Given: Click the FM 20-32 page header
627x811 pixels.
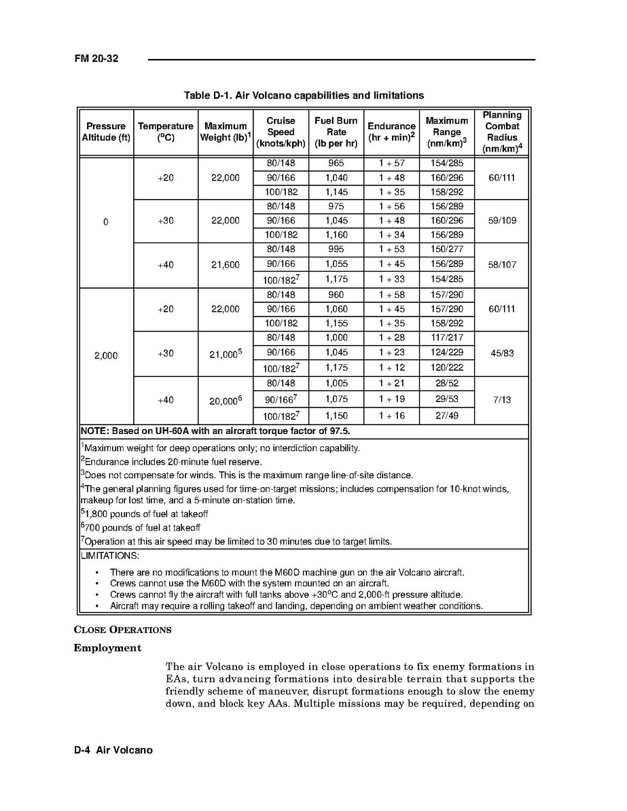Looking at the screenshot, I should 96,59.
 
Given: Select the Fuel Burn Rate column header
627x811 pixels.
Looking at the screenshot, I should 336,132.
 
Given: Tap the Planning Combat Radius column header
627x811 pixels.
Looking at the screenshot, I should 502,132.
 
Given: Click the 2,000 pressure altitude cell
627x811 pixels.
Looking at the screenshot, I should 106,355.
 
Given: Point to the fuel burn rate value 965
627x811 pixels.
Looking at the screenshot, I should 336,164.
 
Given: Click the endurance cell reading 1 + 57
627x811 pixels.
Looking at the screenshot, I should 391,164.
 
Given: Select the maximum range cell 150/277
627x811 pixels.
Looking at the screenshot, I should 446,249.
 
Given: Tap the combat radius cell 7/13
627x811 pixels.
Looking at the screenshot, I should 502,399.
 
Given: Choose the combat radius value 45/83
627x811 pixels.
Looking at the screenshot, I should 502,353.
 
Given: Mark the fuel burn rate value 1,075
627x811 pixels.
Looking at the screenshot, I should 336,399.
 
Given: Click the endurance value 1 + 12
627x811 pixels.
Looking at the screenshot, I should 391,367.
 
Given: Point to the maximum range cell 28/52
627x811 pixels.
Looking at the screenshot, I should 446,384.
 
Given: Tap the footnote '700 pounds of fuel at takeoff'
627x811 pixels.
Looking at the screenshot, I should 141,528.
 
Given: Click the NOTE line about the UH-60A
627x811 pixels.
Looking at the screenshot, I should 215,431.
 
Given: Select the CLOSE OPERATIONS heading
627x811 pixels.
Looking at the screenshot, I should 122,630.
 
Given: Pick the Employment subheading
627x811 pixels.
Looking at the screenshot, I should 107,648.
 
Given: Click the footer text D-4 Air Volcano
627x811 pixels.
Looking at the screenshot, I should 113,751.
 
